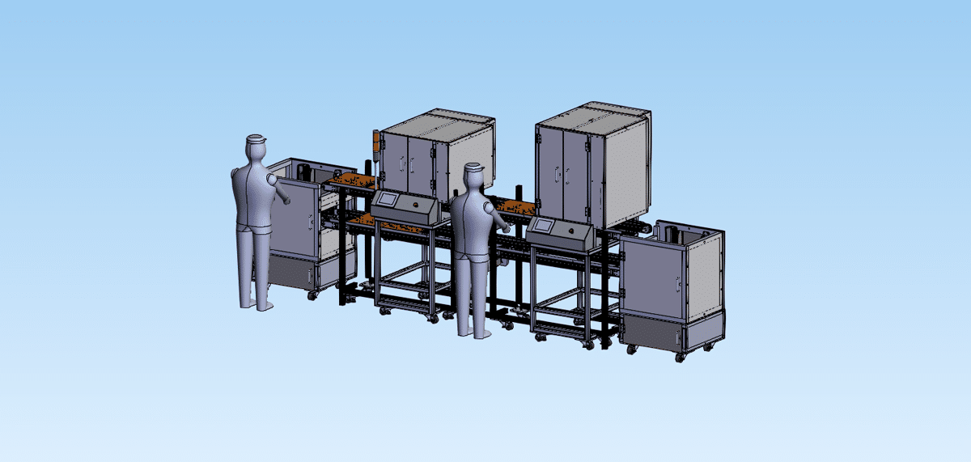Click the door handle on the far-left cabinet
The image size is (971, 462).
309,219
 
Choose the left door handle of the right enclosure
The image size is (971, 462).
558,173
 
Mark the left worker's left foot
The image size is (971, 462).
265,306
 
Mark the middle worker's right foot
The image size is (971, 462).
465,332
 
